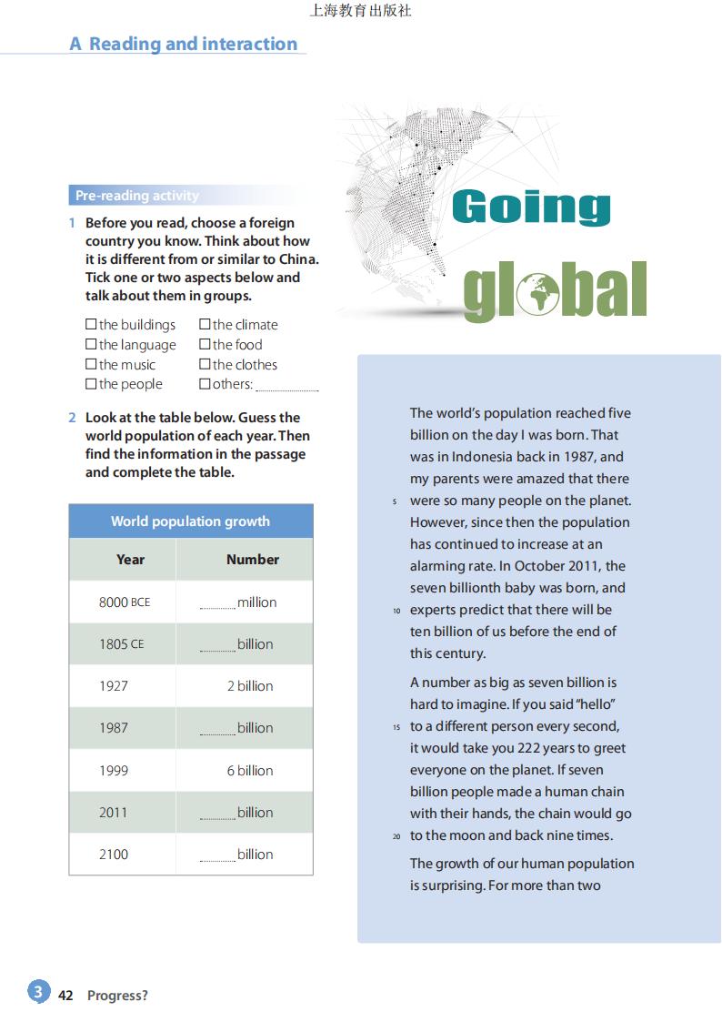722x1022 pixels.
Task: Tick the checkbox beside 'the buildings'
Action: tap(91, 324)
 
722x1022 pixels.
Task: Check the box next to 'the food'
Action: tap(205, 344)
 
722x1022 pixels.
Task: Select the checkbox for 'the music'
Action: tap(91, 364)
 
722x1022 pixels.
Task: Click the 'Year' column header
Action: tap(130, 560)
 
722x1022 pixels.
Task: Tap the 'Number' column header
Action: tap(253, 560)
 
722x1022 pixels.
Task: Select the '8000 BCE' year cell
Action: tap(125, 602)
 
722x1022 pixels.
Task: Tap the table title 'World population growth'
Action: tap(190, 521)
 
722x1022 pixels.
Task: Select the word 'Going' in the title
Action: tap(531, 207)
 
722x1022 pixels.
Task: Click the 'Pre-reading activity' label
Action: tap(137, 196)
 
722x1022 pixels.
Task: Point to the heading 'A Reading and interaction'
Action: tap(184, 44)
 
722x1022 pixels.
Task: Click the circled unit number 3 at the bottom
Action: tap(37, 992)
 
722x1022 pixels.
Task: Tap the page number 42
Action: tap(65, 996)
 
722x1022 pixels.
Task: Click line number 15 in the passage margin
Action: tap(396, 727)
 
